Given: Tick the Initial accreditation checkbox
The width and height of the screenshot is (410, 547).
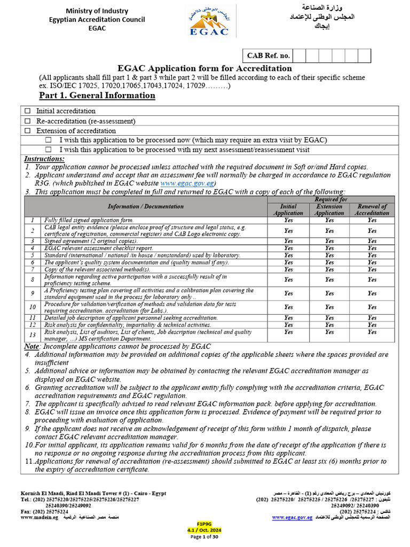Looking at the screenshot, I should [x=28, y=111].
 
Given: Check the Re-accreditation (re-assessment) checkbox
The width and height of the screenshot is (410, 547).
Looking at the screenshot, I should [x=28, y=121].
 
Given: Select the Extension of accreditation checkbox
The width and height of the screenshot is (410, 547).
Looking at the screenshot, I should [x=28, y=131].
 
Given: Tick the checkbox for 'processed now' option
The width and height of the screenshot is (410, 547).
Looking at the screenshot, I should [x=49, y=140].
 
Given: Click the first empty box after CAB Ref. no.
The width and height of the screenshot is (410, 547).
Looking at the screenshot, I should [x=299, y=56].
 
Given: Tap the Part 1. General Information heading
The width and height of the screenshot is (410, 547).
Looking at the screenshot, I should [x=97, y=96].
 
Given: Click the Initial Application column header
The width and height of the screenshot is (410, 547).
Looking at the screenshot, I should [x=288, y=209].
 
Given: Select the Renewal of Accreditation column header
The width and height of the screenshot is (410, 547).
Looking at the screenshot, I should [x=372, y=209].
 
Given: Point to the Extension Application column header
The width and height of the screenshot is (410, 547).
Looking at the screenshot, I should [x=329, y=209].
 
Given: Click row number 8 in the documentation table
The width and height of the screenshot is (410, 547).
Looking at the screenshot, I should [x=33, y=279].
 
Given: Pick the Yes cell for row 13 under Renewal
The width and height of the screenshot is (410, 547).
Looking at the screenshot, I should [x=372, y=332].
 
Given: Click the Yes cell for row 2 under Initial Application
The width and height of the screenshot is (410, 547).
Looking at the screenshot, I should [x=288, y=231].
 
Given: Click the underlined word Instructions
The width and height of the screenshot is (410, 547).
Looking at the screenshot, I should [x=44, y=159].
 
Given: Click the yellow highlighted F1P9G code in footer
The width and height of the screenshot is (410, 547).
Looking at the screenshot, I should [x=204, y=523].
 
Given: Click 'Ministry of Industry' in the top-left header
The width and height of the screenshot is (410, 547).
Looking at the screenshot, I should [x=97, y=11].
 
